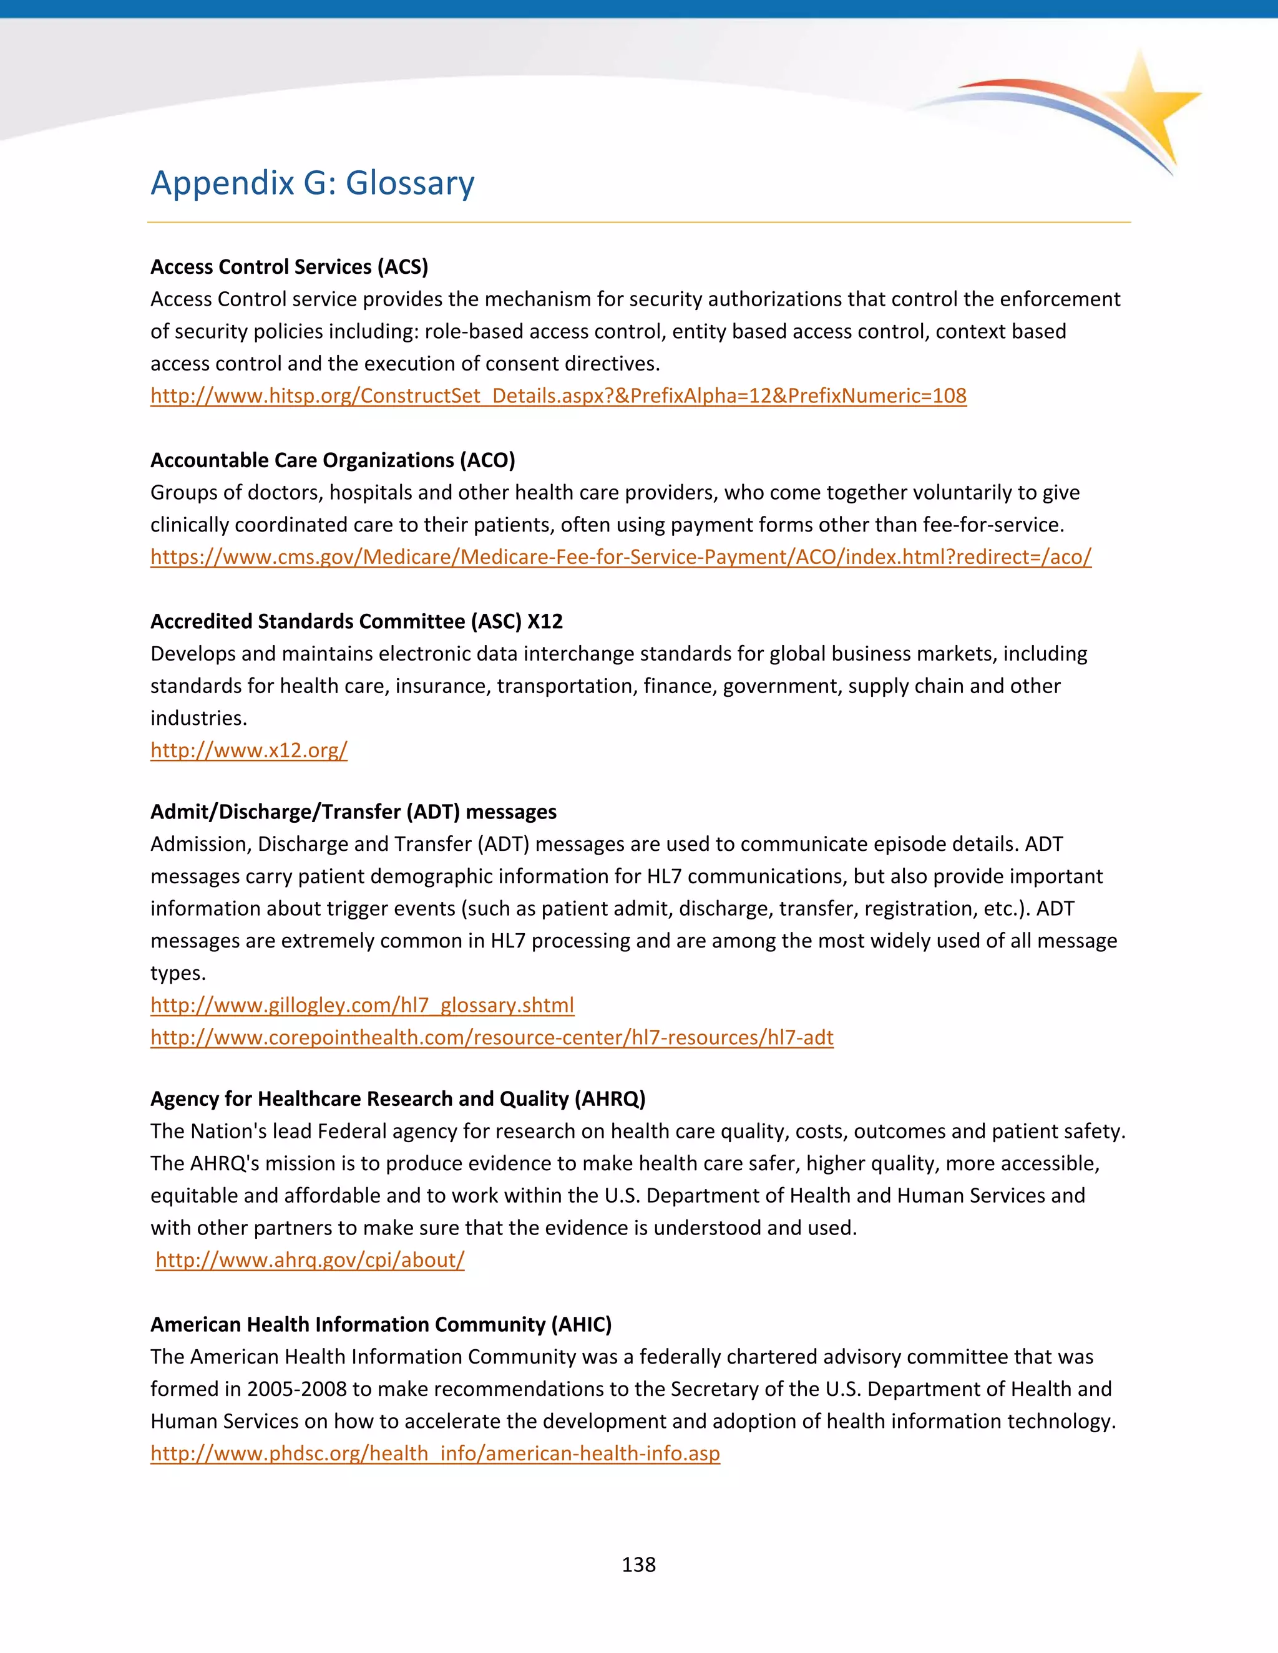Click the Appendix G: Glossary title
click(x=312, y=183)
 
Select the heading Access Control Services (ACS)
click(x=289, y=266)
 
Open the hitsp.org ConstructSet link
click(x=558, y=396)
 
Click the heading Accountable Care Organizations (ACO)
click(x=333, y=460)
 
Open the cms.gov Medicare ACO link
click(x=620, y=557)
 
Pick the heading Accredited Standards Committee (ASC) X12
click(x=356, y=621)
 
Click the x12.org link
click(x=248, y=750)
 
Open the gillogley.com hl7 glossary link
click(x=362, y=1005)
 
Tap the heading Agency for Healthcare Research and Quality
click(x=398, y=1099)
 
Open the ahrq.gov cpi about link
click(x=310, y=1260)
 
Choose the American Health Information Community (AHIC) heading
click(x=380, y=1324)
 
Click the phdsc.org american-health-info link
click(x=434, y=1454)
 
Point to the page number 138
click(x=638, y=1564)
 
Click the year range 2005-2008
click(x=297, y=1390)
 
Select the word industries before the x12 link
click(x=198, y=718)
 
